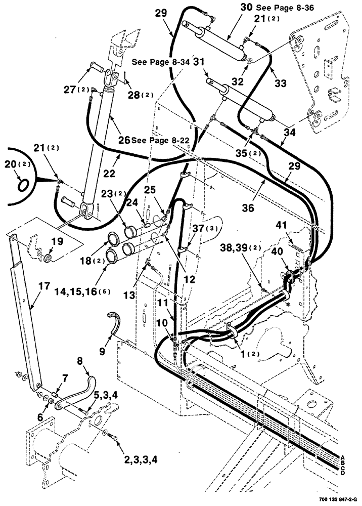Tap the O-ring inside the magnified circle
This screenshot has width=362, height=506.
tap(22, 186)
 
